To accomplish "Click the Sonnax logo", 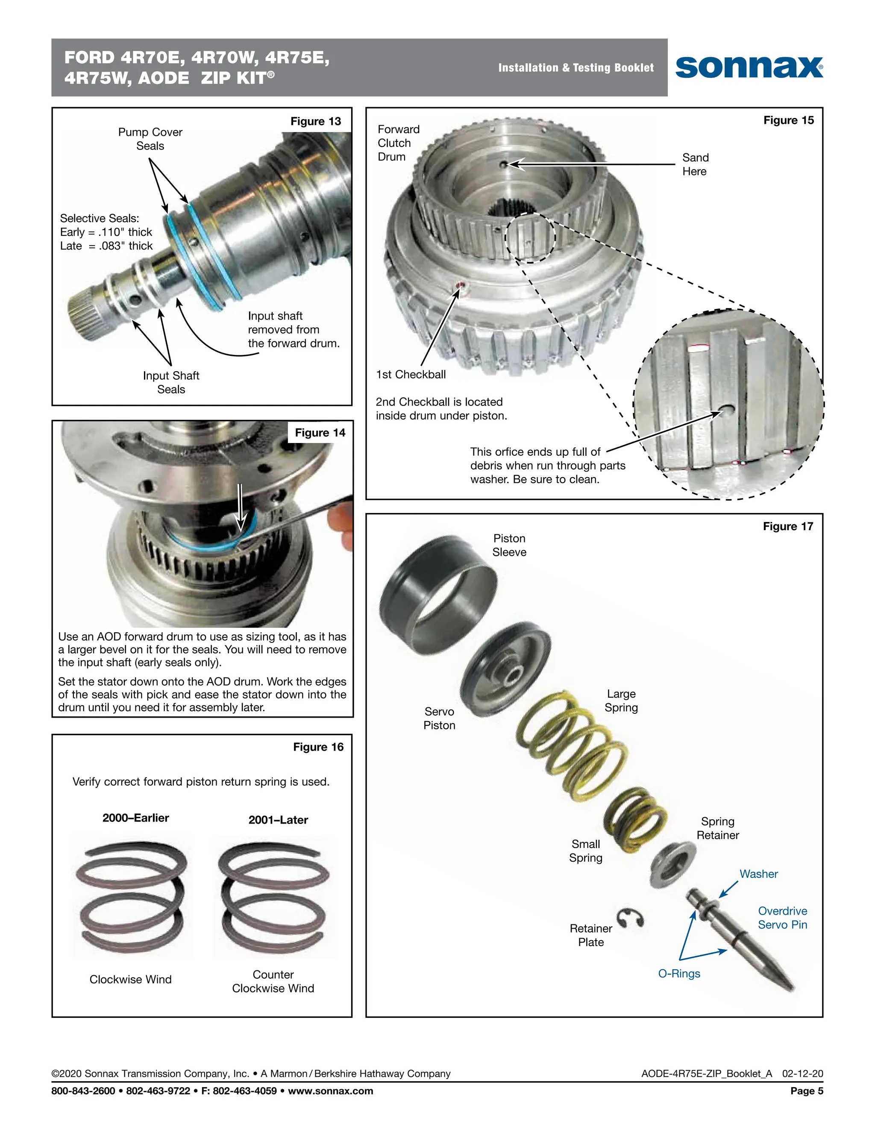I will tap(749, 67).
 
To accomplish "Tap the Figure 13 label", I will tap(315, 121).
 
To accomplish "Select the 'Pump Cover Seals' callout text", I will tap(150, 139).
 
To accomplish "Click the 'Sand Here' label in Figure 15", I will tap(695, 164).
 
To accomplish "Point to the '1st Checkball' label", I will tap(411, 374).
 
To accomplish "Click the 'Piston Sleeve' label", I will tap(509, 545).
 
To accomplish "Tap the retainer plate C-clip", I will tap(631, 918).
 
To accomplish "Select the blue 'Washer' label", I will tap(758, 874).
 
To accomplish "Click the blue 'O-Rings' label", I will tap(679, 974).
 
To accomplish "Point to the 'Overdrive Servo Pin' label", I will tap(782, 918).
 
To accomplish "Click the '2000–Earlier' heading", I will tap(136, 818).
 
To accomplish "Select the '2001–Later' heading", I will tap(279, 820).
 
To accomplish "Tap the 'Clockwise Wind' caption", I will tap(131, 979).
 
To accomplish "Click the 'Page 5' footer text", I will tap(807, 1091).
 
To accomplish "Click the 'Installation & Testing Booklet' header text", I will tap(576, 68).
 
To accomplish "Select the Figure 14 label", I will tap(320, 433).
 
